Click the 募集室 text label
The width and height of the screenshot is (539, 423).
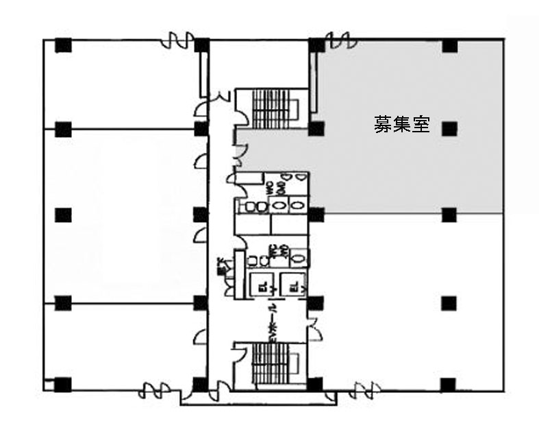[x=401, y=125]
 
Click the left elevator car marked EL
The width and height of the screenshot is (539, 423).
[x=261, y=285]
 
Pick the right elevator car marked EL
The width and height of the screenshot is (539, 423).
[x=290, y=285]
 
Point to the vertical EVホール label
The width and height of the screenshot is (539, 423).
[x=272, y=322]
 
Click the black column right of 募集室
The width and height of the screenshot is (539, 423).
[x=449, y=128]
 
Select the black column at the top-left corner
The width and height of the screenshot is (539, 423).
[x=63, y=46]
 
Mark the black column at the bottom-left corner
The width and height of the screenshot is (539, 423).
[x=63, y=384]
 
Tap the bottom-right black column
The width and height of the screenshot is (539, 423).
[x=449, y=384]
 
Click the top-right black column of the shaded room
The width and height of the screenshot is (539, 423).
[x=449, y=46]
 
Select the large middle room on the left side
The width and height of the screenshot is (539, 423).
[x=123, y=215]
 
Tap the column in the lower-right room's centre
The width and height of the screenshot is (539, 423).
[x=449, y=302]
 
